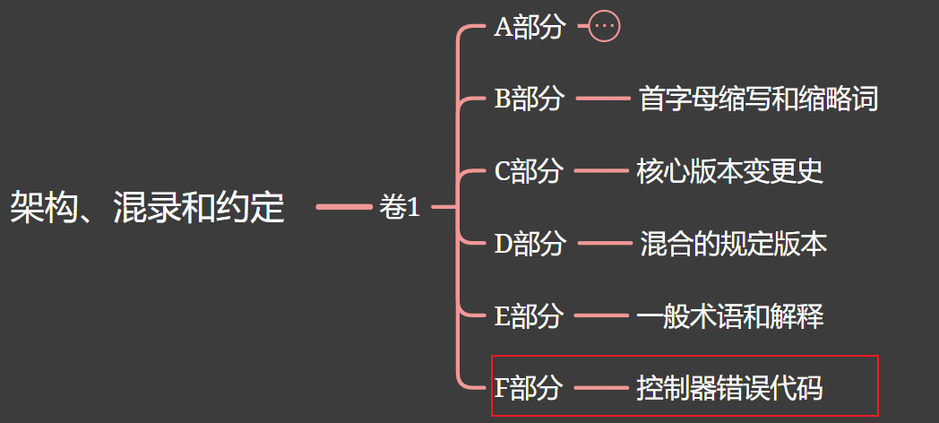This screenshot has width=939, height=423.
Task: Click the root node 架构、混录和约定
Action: pos(147,208)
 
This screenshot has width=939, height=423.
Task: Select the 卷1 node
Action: pos(399,208)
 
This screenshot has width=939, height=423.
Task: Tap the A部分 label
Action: pos(530,27)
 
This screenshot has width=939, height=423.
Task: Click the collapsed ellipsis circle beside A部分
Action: pos(605,27)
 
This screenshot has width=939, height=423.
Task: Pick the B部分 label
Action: pos(529,99)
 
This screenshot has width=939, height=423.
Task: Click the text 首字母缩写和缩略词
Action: pos(758,99)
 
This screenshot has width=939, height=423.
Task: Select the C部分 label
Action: pos(529,170)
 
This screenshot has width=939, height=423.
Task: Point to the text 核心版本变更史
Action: pos(729,170)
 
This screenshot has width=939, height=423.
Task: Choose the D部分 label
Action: pos(530,243)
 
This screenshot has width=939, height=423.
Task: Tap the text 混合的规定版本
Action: pos(733,243)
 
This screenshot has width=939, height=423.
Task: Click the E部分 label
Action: pos(529,315)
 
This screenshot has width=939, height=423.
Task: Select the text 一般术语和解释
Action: pos(729,315)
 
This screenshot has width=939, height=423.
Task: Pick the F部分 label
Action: pos(529,388)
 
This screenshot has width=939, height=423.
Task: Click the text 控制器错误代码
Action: pos(729,388)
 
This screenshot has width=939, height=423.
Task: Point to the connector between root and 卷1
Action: pos(344,207)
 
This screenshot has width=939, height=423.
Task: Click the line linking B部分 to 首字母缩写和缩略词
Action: pos(602,99)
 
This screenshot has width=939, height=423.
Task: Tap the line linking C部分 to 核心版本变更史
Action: pos(600,170)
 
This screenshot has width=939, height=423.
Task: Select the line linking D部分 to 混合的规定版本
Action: pos(604,243)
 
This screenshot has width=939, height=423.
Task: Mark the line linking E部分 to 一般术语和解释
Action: pos(600,315)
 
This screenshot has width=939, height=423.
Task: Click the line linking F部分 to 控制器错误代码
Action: pos(600,388)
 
